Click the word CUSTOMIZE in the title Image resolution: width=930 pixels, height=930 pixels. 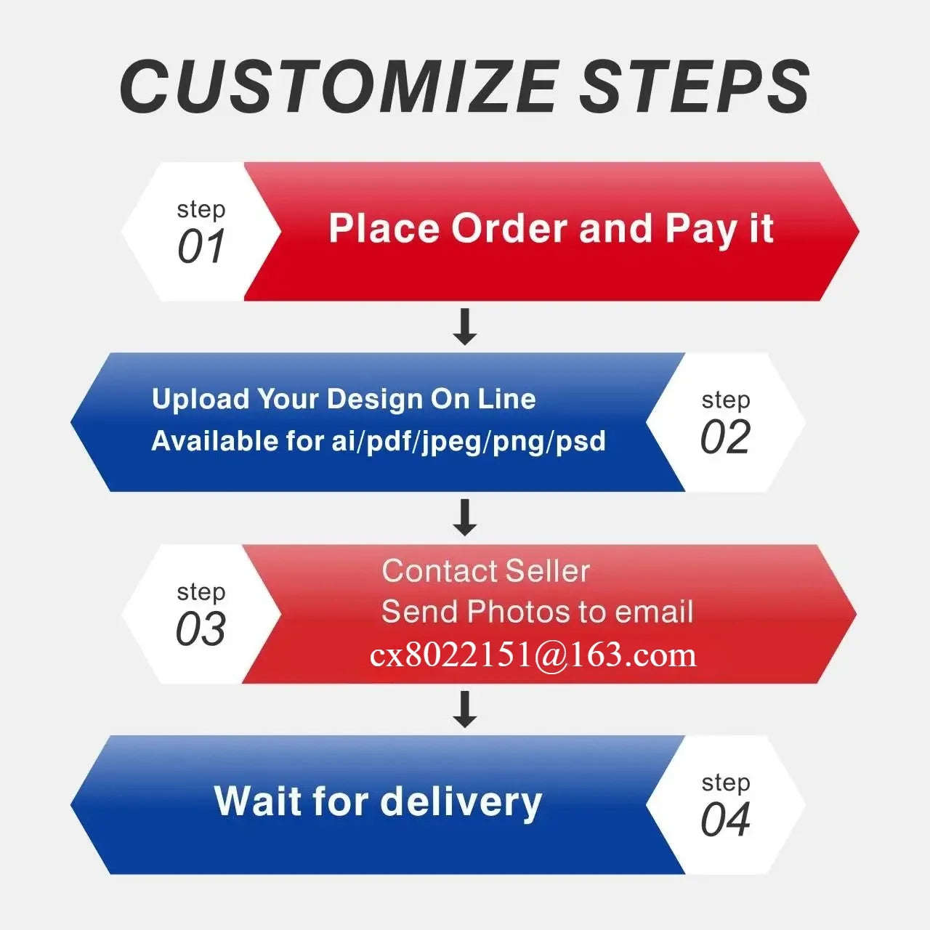(x=337, y=87)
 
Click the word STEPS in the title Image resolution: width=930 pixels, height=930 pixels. (x=695, y=87)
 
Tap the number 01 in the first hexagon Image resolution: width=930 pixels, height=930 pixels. (x=201, y=246)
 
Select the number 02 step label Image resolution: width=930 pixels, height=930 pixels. (x=725, y=437)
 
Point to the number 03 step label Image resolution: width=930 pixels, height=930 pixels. (x=201, y=628)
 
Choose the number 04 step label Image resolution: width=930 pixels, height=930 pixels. (x=725, y=820)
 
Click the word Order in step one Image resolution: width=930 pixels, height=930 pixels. (x=509, y=228)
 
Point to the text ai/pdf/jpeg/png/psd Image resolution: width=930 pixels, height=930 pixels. (x=469, y=442)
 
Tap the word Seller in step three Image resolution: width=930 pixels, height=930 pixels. (x=548, y=571)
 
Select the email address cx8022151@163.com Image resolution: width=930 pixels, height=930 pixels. (x=533, y=655)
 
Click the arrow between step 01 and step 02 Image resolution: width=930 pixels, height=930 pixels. (x=465, y=327)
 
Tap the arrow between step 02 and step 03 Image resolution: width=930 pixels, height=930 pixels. (x=465, y=518)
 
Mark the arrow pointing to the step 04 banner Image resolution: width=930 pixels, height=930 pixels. (x=465, y=709)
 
